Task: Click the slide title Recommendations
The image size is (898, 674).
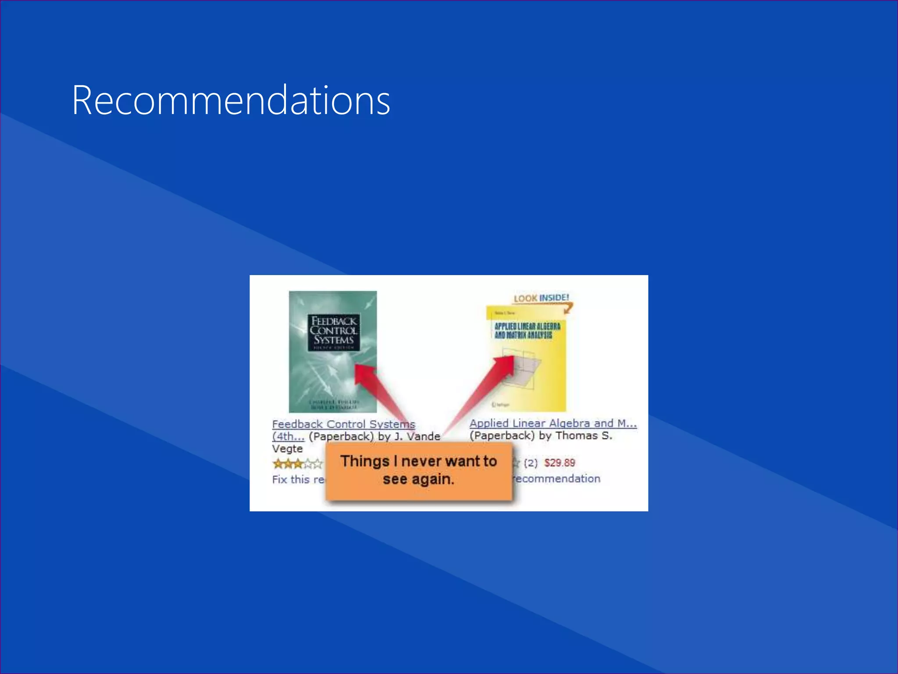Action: pos(231,100)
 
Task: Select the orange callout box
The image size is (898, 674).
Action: pos(419,471)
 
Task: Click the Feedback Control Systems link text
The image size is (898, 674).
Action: pos(343,424)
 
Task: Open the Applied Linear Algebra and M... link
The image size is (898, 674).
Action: pos(553,423)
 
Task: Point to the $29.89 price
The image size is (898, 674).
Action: pos(559,463)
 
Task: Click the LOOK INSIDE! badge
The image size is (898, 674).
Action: pos(542,298)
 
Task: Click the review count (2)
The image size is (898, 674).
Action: pos(531,463)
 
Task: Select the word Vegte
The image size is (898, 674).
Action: pos(287,449)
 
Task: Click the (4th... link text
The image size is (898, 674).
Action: pos(288,437)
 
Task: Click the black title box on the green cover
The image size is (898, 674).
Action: pos(334,332)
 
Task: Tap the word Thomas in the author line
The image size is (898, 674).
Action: pos(576,436)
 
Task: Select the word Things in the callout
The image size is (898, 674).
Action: pos(365,461)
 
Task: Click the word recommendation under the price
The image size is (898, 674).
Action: pos(557,479)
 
